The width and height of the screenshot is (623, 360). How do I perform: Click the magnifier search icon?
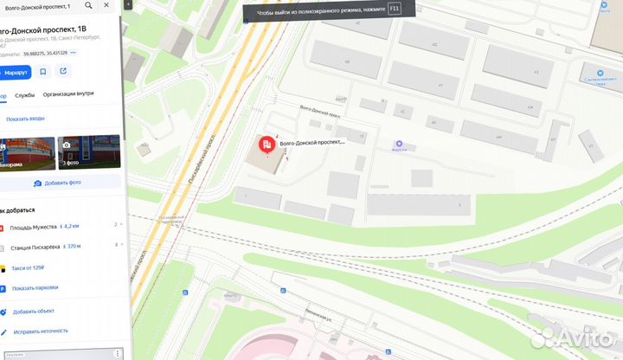tap(88, 6)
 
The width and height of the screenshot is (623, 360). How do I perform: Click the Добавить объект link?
tap(34, 311)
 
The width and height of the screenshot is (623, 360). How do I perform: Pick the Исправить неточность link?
tap(40, 331)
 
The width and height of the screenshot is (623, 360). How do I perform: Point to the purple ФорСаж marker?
tap(399, 144)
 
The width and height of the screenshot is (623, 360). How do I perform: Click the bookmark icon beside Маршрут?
tap(45, 72)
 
